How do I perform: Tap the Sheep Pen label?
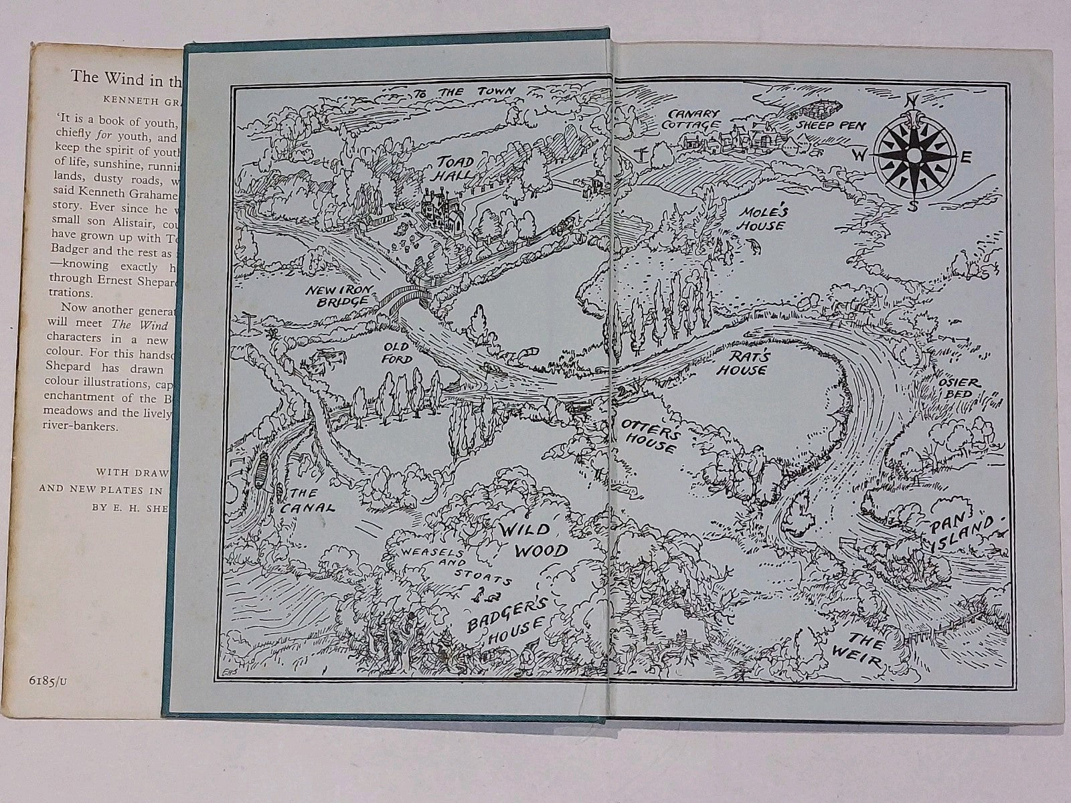click(x=830, y=125)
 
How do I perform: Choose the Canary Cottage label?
click(x=691, y=119)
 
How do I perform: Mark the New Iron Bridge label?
click(x=337, y=295)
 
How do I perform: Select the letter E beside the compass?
click(x=966, y=158)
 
